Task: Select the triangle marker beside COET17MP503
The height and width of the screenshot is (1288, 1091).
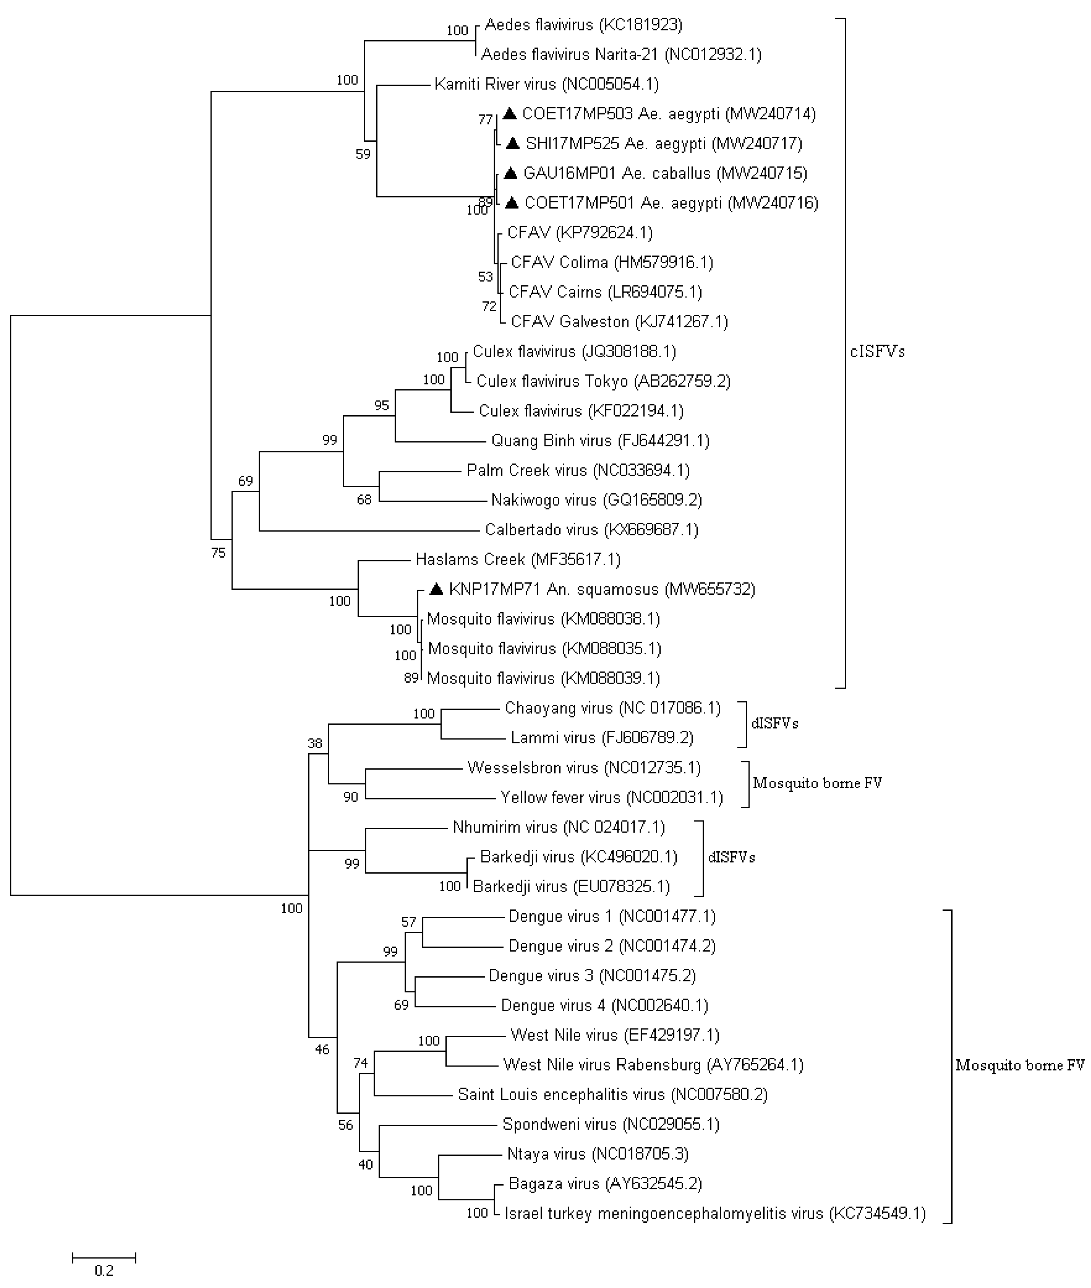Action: click(x=510, y=114)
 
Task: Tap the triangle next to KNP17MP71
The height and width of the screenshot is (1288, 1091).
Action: click(x=437, y=589)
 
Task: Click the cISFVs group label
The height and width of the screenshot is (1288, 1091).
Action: click(x=877, y=352)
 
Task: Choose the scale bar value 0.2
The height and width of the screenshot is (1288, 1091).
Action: click(x=104, y=1271)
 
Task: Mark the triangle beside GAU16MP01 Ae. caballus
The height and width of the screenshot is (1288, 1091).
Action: click(x=510, y=173)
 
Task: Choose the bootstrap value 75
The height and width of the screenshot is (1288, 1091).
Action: click(x=218, y=553)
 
